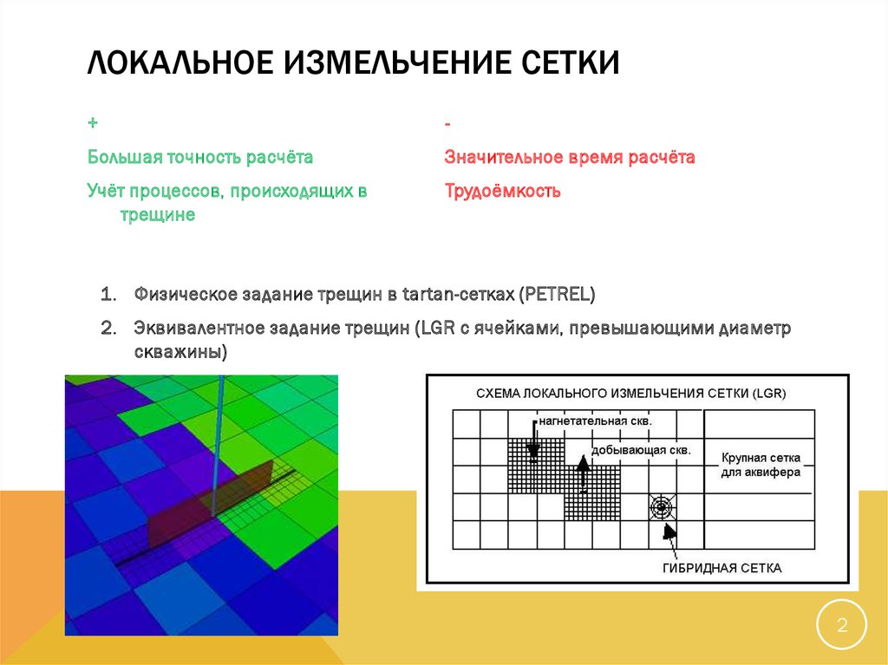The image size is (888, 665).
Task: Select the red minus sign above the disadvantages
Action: pyautogui.click(x=447, y=127)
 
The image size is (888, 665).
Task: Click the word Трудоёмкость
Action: pyautogui.click(x=502, y=191)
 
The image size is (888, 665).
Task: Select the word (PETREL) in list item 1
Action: pyautogui.click(x=558, y=295)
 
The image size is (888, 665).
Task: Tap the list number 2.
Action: pyautogui.click(x=108, y=329)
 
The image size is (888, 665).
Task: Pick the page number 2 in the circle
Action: pyautogui.click(x=840, y=624)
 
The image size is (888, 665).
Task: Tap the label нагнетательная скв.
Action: pyautogui.click(x=595, y=421)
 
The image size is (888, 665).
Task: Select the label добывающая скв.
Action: pyautogui.click(x=641, y=451)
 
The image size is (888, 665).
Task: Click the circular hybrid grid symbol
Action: pyautogui.click(x=662, y=506)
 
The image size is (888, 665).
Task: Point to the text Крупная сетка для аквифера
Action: pyautogui.click(x=760, y=465)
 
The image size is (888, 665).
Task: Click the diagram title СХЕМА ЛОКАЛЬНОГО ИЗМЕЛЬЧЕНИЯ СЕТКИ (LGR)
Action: pyautogui.click(x=630, y=394)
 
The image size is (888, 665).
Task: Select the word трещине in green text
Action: pyautogui.click(x=157, y=215)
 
